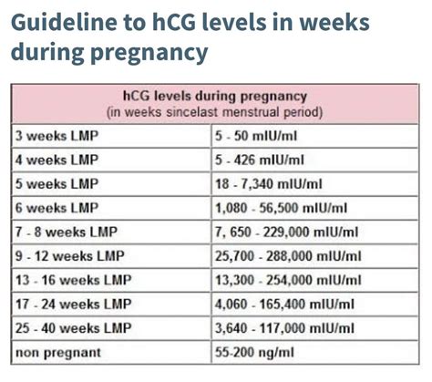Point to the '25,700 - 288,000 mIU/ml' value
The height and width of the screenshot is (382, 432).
(292, 255)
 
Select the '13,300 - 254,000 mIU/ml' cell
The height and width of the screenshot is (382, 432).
(292, 279)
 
